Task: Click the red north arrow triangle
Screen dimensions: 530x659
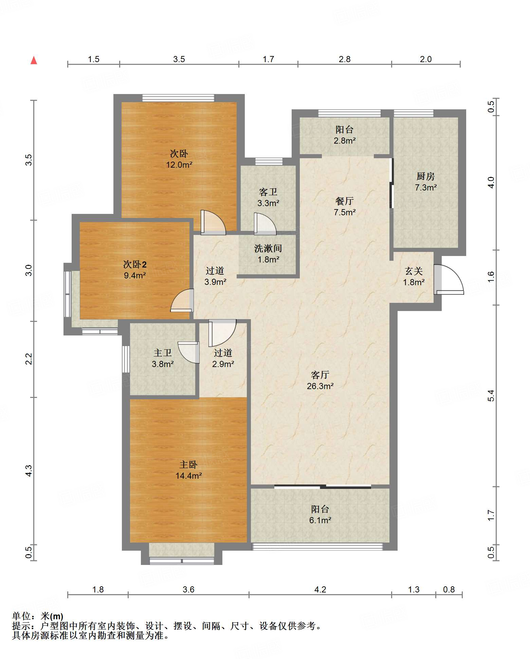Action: (34, 60)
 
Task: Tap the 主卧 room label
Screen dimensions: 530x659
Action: (188, 464)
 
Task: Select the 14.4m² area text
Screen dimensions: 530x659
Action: (189, 476)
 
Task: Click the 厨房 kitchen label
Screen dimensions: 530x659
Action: (426, 176)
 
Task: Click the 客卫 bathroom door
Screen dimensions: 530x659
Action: (265, 224)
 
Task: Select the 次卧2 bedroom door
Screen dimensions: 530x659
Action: (182, 300)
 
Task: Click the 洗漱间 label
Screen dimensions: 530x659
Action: (268, 248)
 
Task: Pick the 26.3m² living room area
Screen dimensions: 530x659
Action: (320, 386)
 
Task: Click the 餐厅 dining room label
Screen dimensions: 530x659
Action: (345, 201)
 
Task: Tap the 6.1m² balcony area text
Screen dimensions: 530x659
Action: (320, 520)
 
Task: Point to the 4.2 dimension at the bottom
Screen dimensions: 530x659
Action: (320, 589)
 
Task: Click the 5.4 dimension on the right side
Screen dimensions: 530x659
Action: (491, 396)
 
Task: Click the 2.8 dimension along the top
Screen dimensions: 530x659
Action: (345, 59)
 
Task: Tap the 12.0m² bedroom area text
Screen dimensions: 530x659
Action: (179, 165)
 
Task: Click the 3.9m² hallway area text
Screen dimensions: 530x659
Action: (215, 282)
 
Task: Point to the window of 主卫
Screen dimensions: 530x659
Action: (126, 359)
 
